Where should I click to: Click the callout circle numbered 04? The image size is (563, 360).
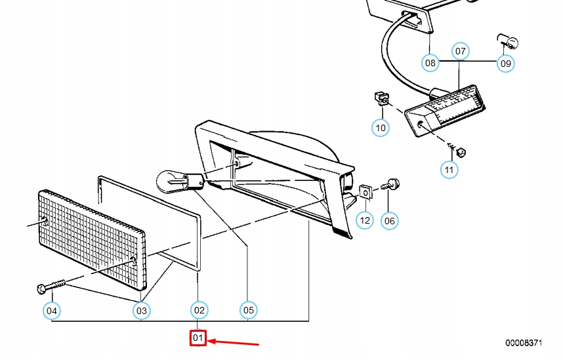pyautogui.click(x=51, y=310)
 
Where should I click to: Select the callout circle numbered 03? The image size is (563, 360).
pyautogui.click(x=142, y=310)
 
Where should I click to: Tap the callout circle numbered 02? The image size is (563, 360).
pyautogui.click(x=199, y=310)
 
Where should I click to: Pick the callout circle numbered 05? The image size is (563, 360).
pyautogui.click(x=247, y=310)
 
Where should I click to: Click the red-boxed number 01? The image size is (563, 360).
pyautogui.click(x=199, y=338)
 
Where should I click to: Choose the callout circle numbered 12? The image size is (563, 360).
pyautogui.click(x=365, y=220)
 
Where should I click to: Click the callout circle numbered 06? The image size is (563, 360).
pyautogui.click(x=390, y=220)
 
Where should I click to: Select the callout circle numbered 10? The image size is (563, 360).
pyautogui.click(x=381, y=127)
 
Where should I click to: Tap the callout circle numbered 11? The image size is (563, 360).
pyautogui.click(x=449, y=170)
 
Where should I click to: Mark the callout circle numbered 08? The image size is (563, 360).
pyautogui.click(x=430, y=63)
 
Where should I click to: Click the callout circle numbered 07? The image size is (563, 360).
pyautogui.click(x=461, y=50)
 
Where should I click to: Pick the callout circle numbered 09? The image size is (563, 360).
pyautogui.click(x=505, y=63)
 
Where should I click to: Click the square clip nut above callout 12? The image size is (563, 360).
pyautogui.click(x=365, y=193)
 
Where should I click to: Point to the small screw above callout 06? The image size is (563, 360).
pyautogui.click(x=392, y=185)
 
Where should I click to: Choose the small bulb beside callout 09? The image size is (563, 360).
pyautogui.click(x=509, y=43)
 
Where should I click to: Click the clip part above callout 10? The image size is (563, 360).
pyautogui.click(x=379, y=98)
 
